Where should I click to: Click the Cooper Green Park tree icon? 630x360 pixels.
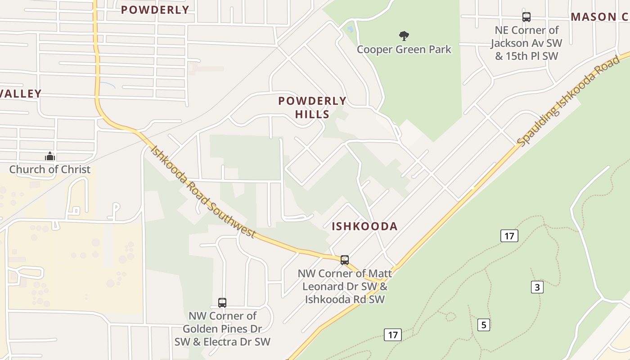point(404,36)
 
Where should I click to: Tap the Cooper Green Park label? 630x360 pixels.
point(404,49)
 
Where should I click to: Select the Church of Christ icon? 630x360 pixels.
point(50,156)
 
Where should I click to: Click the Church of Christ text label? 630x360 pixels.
point(50,170)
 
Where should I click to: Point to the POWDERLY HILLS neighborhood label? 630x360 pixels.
point(312,108)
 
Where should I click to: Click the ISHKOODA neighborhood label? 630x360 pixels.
point(364,226)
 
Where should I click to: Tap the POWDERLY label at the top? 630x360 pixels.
point(155,10)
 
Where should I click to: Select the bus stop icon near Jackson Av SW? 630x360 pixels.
point(526,17)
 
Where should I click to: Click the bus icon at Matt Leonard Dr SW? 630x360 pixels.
point(344,260)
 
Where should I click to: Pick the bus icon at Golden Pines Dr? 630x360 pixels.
point(222,302)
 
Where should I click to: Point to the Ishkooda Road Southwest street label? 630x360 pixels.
point(202,191)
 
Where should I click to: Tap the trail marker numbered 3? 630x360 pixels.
point(537,287)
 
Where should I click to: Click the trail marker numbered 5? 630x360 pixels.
point(483,324)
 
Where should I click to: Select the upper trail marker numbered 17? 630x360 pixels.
point(509,236)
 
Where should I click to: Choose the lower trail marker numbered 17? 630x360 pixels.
point(392,335)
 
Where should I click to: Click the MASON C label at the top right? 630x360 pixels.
point(599,17)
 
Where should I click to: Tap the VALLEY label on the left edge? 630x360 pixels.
point(21,94)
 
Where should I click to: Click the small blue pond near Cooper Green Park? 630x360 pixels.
point(350,29)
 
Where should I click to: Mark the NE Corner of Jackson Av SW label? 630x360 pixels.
point(526,43)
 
